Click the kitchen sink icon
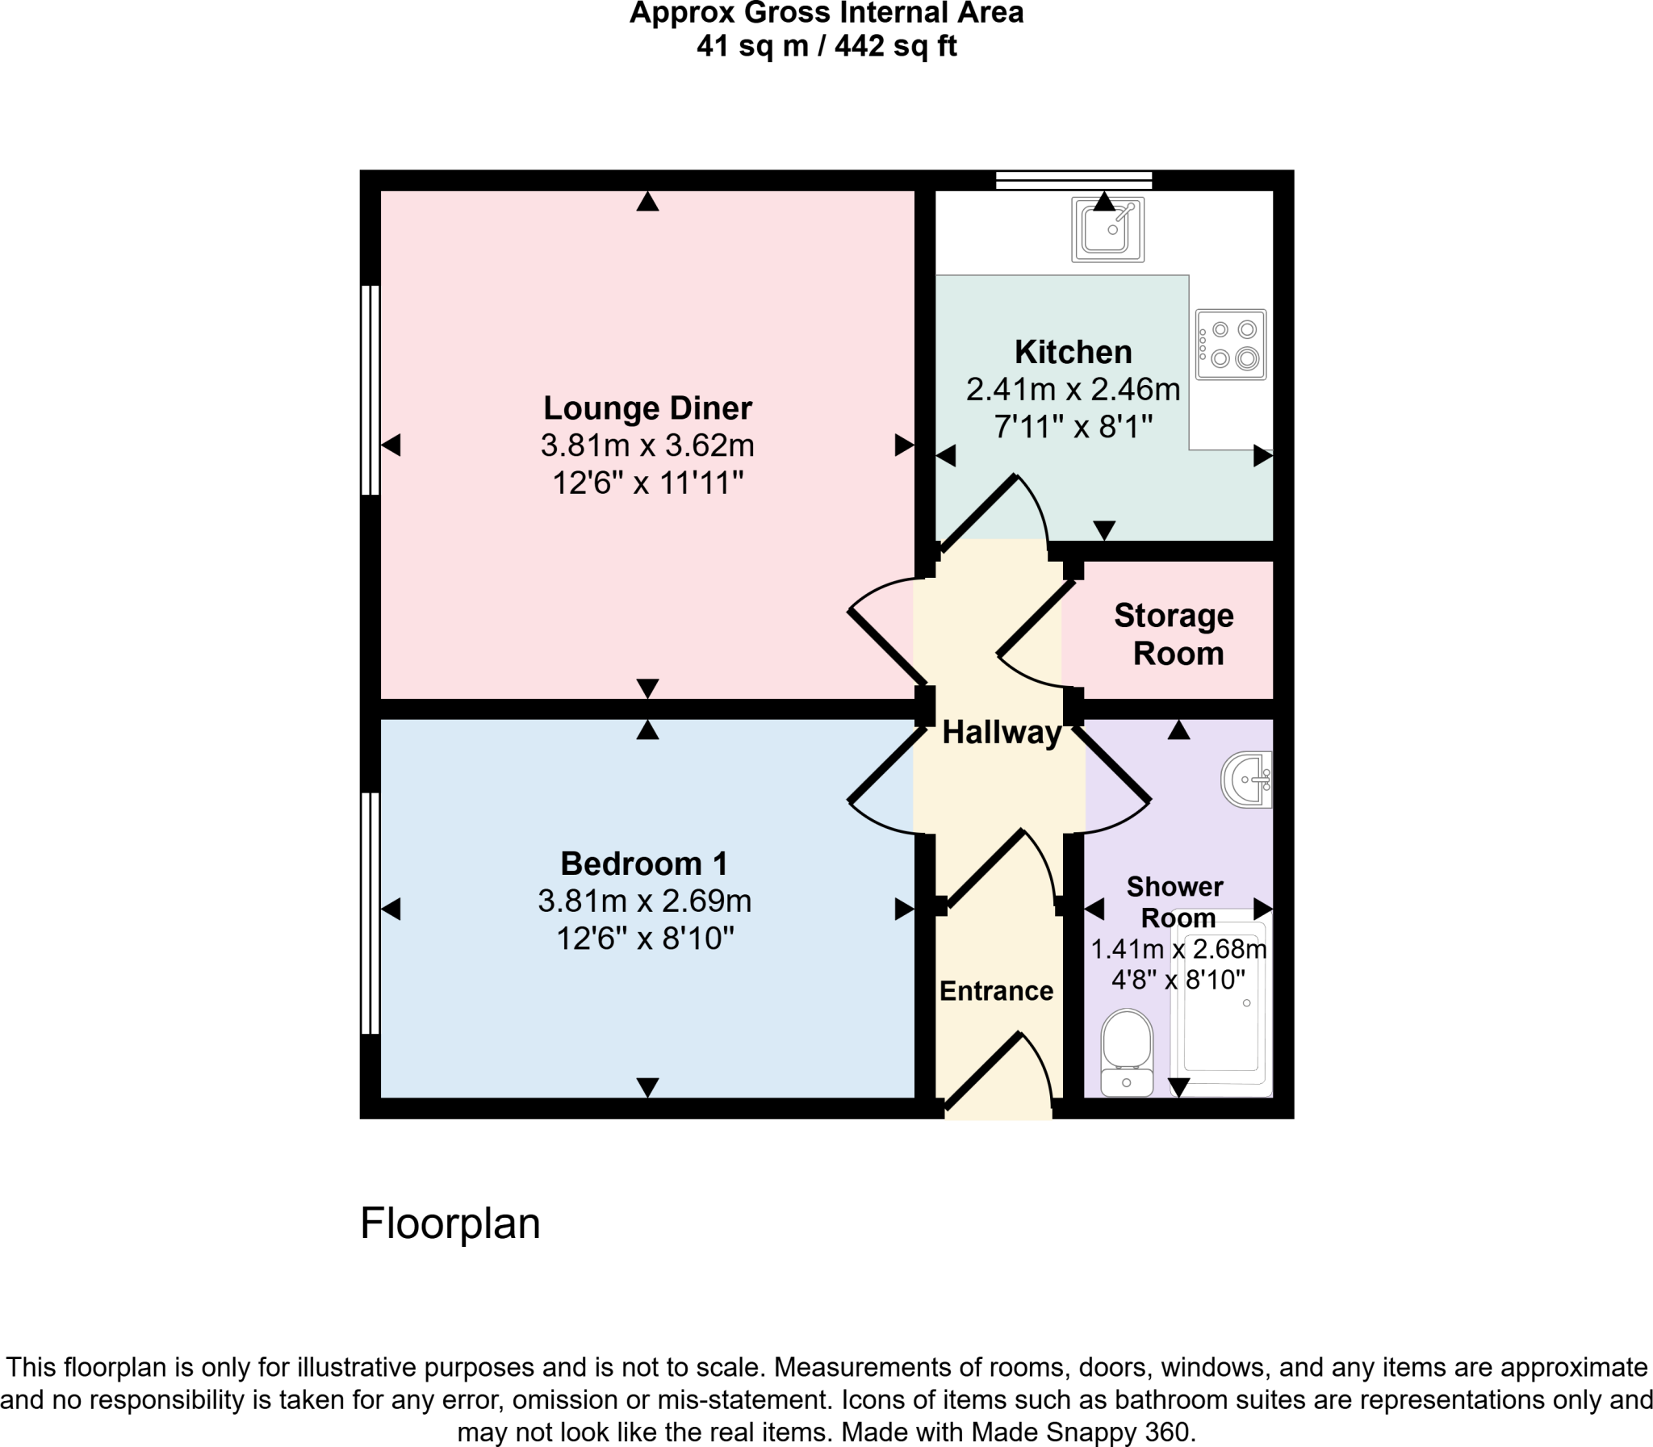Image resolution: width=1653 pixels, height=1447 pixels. point(1107,229)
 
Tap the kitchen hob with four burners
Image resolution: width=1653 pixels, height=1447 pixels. point(1231,344)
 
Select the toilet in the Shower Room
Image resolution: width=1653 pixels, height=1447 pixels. point(1127,1053)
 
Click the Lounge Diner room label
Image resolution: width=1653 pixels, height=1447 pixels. point(647,408)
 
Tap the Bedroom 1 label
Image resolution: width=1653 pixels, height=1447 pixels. point(643,864)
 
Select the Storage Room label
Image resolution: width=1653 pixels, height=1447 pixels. point(1175,634)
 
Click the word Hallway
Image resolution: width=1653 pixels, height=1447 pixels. point(1002,733)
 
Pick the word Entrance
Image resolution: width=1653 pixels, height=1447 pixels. point(996,991)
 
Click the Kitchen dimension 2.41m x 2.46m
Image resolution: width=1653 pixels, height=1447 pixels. point(1073,389)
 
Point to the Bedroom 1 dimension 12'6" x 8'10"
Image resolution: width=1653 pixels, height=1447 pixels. point(644,939)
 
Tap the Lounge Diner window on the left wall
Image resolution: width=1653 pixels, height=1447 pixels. point(370,389)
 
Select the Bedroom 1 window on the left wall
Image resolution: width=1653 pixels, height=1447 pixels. point(370,913)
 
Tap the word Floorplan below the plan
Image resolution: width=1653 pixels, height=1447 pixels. point(450,1223)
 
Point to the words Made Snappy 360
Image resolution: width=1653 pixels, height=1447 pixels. point(1082,1432)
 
